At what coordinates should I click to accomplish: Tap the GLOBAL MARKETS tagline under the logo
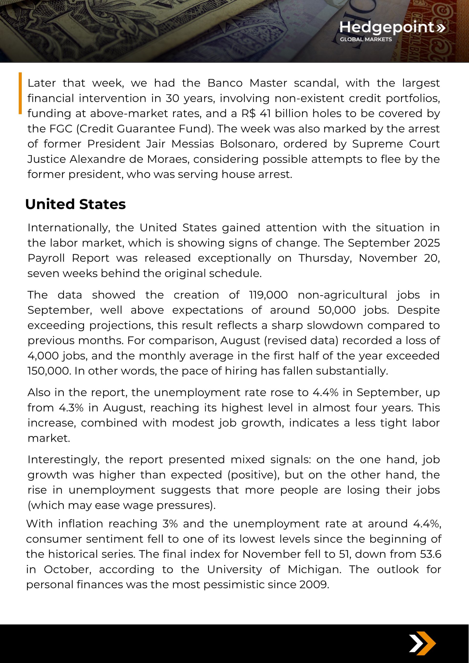[x=366, y=39]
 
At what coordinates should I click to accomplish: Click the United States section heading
[x=75, y=204]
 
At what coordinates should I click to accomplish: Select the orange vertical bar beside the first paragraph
[x=20, y=93]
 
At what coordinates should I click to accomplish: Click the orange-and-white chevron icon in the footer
[x=422, y=643]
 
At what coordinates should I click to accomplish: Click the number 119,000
[x=268, y=295]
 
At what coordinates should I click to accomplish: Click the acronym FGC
[x=61, y=129]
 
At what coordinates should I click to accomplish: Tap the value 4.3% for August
[x=71, y=408]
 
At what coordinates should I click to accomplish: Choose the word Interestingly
[x=64, y=459]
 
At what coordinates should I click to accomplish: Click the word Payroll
[x=46, y=258]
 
